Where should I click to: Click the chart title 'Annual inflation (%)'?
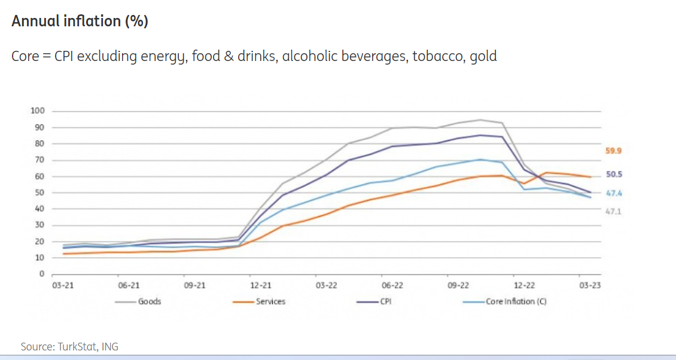(x=80, y=22)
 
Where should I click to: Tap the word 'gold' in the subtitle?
(x=483, y=57)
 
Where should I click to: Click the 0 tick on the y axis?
(x=42, y=274)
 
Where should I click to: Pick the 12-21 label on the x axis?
(x=260, y=286)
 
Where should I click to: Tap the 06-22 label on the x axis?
(x=392, y=286)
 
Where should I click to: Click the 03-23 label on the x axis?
(x=590, y=286)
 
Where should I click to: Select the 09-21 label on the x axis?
(x=194, y=286)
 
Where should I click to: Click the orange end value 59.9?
(x=614, y=151)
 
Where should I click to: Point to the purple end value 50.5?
(x=614, y=175)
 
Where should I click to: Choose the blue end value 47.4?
(x=614, y=193)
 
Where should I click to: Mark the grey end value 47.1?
(x=614, y=212)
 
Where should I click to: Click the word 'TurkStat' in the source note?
(x=76, y=347)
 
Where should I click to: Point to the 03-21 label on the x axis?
(x=63, y=286)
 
